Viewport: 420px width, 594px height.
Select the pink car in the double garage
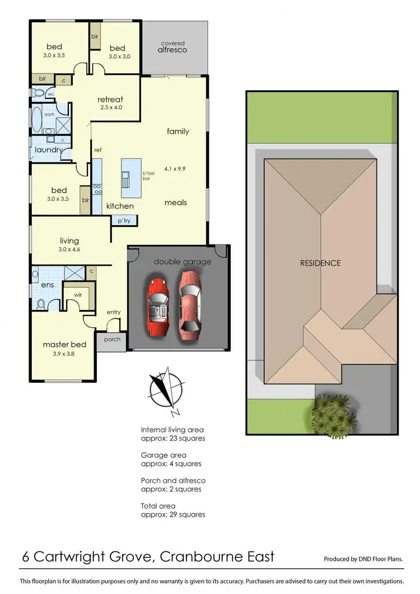tap(190, 305)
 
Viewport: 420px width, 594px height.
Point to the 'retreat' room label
tap(110, 100)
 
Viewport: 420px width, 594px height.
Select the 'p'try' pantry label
tap(124, 221)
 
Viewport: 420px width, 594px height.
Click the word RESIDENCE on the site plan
tap(320, 263)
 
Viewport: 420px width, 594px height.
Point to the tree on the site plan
tap(335, 414)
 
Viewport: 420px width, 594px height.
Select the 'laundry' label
tap(48, 150)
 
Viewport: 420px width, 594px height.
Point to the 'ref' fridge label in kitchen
tap(97, 150)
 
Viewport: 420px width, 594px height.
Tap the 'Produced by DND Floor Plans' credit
tap(363, 559)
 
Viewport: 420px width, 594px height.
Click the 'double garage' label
tap(175, 262)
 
